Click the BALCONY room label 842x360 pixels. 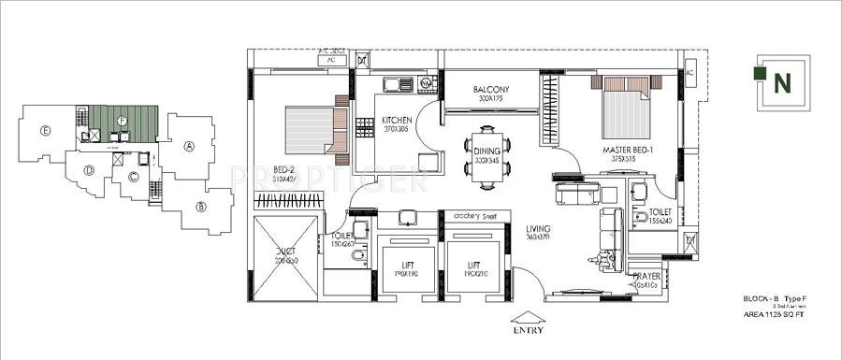[x=490, y=89]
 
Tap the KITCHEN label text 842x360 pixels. [x=397, y=121]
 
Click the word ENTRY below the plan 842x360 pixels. [x=530, y=330]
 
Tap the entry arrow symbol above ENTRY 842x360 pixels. [x=530, y=315]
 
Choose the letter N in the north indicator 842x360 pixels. [x=780, y=81]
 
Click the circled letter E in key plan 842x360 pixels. [x=44, y=131]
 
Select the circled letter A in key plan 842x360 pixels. [x=189, y=146]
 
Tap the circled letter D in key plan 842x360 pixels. [x=88, y=169]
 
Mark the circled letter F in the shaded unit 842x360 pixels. [x=122, y=120]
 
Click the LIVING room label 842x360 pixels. [x=538, y=229]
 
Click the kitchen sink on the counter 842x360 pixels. [x=397, y=85]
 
